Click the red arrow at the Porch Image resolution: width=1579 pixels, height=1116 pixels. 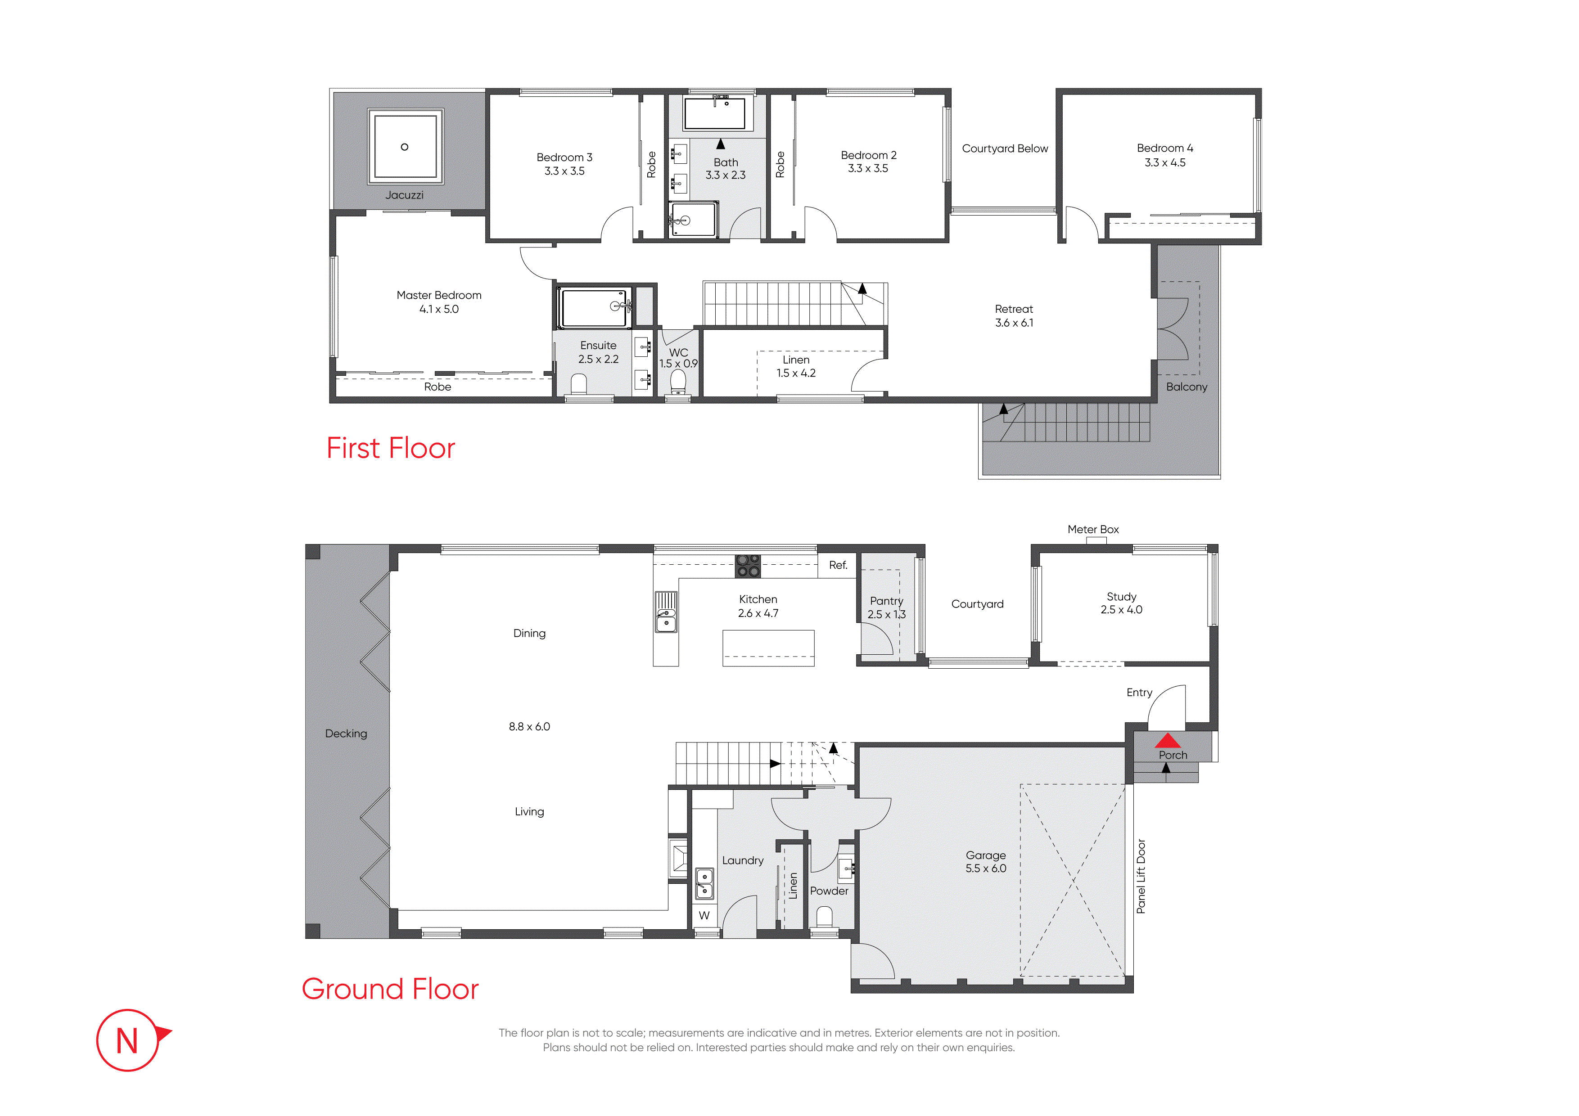point(1167,741)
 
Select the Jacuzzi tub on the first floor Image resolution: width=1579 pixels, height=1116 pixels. point(405,146)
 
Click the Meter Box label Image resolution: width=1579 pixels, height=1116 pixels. point(1093,530)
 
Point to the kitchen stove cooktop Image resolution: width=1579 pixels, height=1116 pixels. point(748,566)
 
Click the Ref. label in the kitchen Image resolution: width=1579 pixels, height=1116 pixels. point(838,565)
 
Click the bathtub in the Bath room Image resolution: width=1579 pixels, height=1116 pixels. point(714,113)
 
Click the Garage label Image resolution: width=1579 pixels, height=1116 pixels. point(985,855)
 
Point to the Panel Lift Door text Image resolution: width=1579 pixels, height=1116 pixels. point(1141,876)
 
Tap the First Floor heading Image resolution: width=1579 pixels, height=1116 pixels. point(391,448)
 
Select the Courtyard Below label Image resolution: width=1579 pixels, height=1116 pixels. point(1005,148)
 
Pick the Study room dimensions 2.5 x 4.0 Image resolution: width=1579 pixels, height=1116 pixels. point(1121,610)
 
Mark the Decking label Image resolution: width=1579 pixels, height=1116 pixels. point(346,733)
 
